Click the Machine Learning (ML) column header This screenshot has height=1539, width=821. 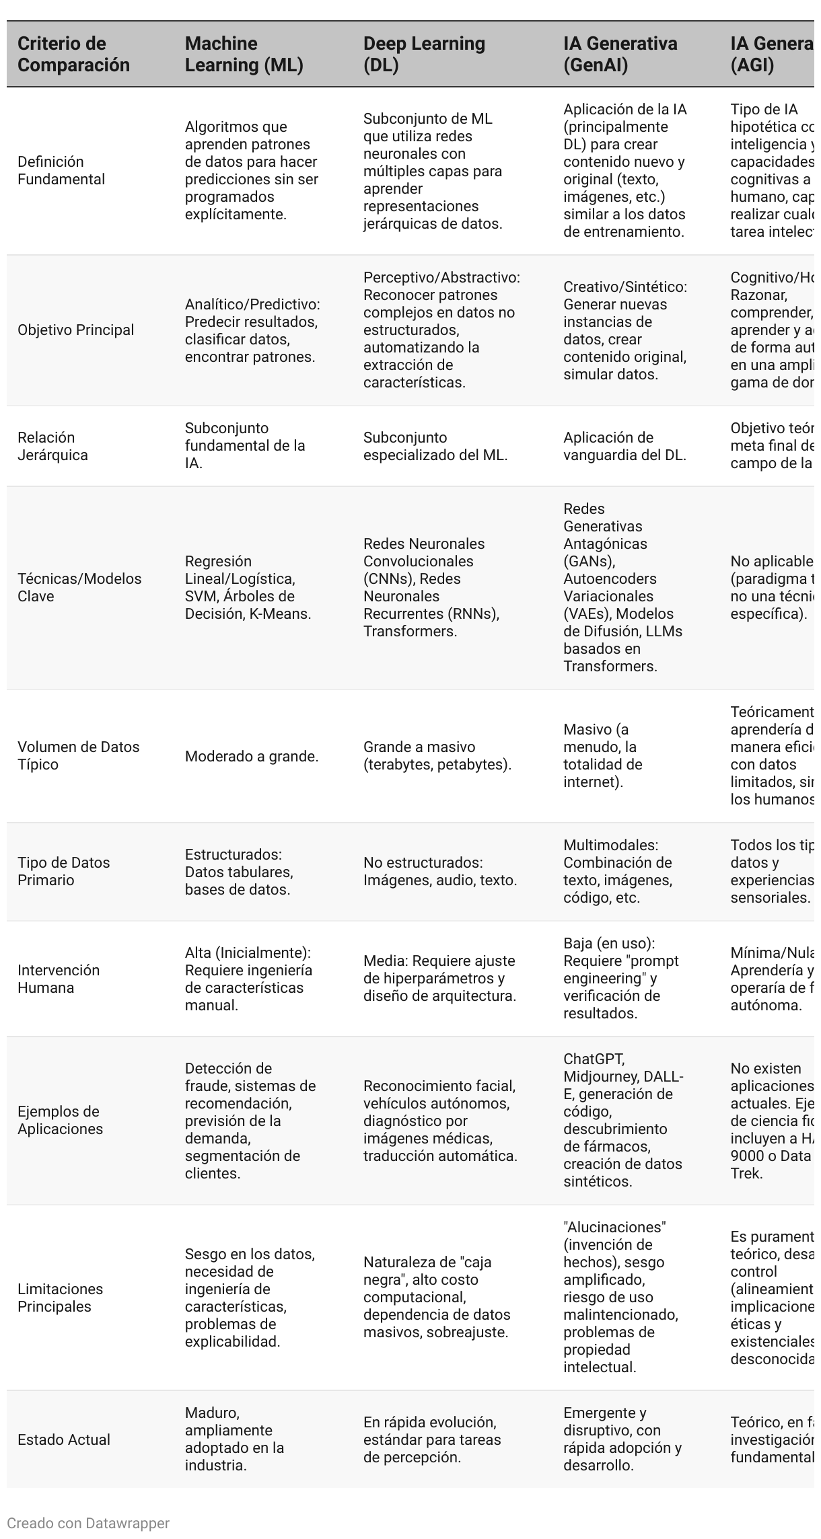click(244, 54)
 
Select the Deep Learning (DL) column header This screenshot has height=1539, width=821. click(424, 54)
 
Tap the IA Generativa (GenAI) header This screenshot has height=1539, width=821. click(620, 54)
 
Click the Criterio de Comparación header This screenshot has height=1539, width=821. click(73, 54)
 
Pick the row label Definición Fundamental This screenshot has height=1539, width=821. click(61, 170)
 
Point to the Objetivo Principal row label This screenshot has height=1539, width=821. click(76, 330)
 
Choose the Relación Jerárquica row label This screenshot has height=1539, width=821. click(52, 446)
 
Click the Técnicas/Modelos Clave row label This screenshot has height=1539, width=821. click(79, 587)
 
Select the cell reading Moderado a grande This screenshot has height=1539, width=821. click(252, 756)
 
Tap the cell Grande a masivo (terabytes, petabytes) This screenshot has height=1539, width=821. click(437, 755)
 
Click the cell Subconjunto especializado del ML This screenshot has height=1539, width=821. click(435, 446)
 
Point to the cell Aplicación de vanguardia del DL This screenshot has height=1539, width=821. click(624, 446)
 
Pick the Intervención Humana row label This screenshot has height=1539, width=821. click(59, 979)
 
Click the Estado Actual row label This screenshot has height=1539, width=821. click(64, 1439)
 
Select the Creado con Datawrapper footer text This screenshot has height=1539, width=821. click(88, 1523)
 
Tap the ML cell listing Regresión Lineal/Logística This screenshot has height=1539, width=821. click(248, 587)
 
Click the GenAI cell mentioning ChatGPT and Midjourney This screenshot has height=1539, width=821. click(623, 1121)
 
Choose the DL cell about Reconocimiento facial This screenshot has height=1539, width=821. click(440, 1121)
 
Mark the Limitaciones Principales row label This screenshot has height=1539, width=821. click(61, 1298)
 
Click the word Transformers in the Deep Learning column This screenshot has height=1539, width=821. click(410, 631)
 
